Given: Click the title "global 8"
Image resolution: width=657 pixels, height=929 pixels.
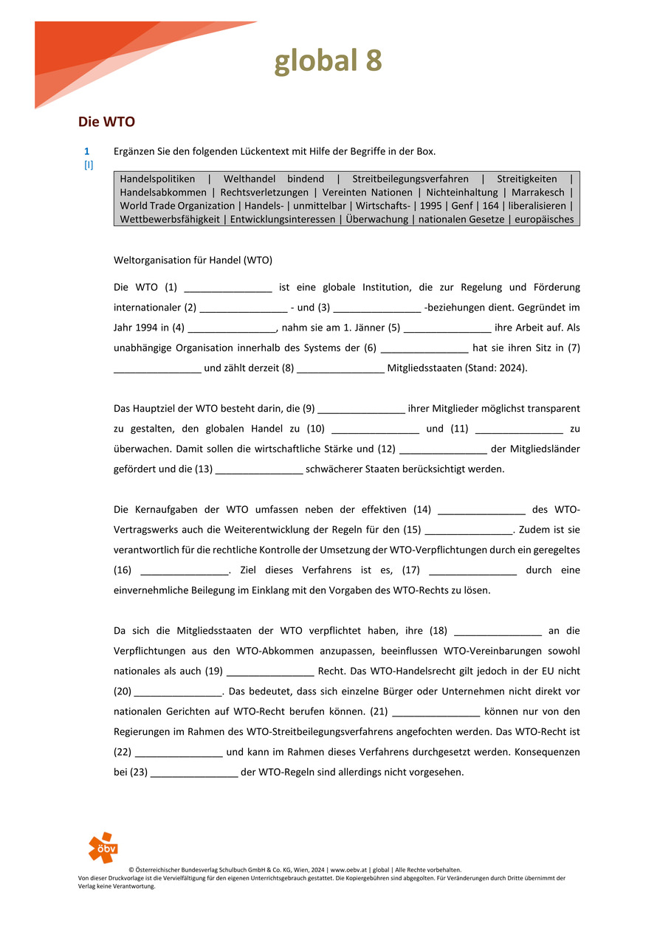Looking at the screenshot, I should point(328,61).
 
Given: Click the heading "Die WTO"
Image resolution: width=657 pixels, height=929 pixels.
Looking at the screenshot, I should point(106,121).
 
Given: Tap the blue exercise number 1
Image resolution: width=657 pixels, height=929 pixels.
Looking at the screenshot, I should point(86,151).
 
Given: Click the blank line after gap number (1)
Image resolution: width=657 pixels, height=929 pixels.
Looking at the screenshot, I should point(228,288).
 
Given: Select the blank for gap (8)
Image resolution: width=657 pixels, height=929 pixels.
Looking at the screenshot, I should point(340,368).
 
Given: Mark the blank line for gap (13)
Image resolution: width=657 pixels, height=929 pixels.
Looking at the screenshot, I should point(259,469).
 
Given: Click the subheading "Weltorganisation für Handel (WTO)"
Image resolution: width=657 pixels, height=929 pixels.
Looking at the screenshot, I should point(193,260).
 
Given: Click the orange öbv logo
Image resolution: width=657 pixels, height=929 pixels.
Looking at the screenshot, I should point(103,847).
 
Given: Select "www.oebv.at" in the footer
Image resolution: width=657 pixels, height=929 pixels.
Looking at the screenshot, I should point(349,870).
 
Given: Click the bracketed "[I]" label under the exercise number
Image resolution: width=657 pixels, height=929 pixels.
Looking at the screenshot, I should point(88,165).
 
